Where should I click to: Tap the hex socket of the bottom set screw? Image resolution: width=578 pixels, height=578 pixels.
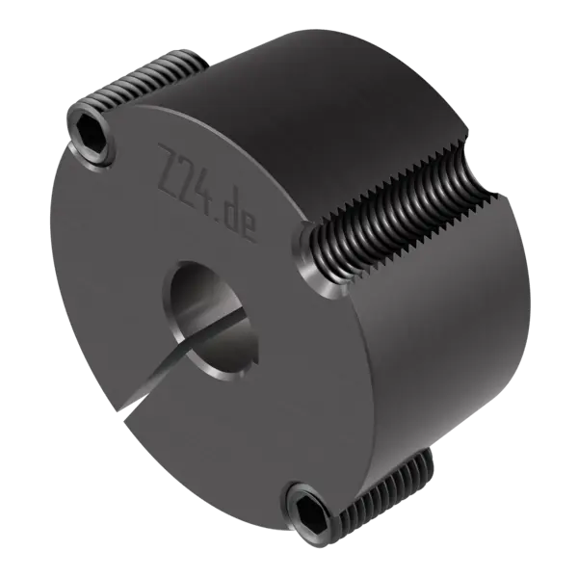[308, 510]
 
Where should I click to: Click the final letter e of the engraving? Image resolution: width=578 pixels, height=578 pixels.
[248, 229]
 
